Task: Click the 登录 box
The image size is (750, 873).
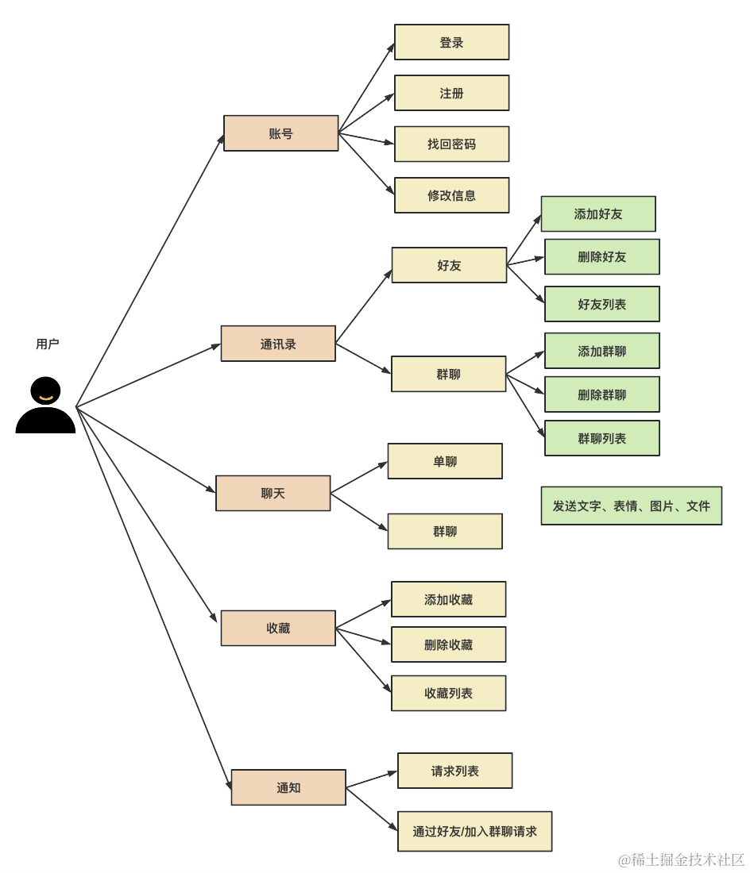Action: (451, 42)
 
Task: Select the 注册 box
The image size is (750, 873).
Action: (451, 93)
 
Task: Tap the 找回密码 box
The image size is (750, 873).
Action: (451, 144)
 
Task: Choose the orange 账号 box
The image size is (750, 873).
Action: (280, 133)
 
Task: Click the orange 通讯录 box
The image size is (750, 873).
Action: (278, 344)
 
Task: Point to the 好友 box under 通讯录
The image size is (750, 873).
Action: (449, 265)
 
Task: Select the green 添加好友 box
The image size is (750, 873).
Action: (598, 213)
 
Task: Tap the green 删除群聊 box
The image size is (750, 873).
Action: (601, 394)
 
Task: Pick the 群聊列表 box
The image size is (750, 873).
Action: (601, 438)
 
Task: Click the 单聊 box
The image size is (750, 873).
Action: (445, 461)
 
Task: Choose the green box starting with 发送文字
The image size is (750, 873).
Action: (632, 506)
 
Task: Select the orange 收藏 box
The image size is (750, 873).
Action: (278, 628)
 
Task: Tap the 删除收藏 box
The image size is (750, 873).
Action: (449, 644)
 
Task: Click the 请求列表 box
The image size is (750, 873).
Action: (454, 771)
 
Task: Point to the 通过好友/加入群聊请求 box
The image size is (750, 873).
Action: (475, 831)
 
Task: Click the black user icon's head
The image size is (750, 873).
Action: (46, 390)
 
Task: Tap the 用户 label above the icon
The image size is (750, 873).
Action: (48, 344)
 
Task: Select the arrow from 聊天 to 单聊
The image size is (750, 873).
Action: (359, 478)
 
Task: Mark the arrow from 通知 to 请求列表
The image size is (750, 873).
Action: (372, 779)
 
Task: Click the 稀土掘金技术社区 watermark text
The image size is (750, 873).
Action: (682, 859)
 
